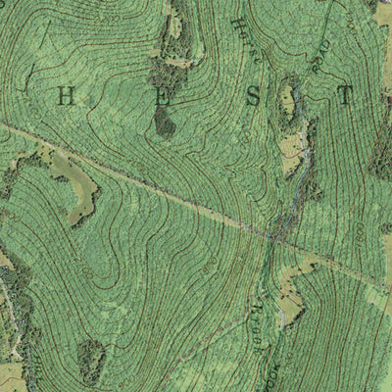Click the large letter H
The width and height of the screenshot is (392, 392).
[68, 96]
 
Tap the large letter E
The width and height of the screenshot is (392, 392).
[163, 96]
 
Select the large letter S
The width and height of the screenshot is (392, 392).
[254, 96]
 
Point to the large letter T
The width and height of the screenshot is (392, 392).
[344, 96]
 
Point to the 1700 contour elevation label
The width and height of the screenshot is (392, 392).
[211, 265]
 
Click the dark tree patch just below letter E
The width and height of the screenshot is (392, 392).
[165, 123]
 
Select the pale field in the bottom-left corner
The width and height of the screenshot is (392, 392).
[12, 377]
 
